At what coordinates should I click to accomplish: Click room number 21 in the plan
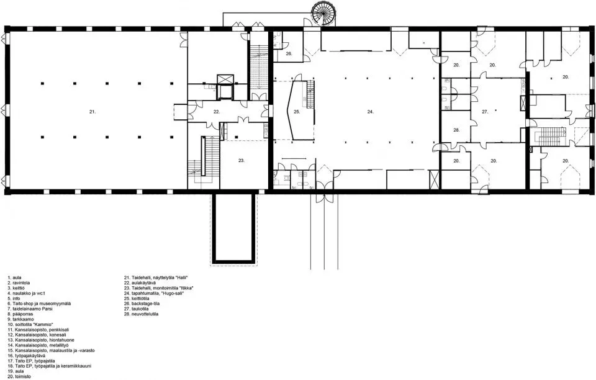pyautogui.click(x=92, y=111)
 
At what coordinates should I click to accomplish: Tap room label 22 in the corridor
pyautogui.click(x=216, y=112)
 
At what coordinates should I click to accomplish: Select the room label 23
pyautogui.click(x=242, y=160)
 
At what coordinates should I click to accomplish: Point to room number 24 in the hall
pyautogui.click(x=370, y=112)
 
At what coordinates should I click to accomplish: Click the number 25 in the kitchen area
pyautogui.click(x=297, y=112)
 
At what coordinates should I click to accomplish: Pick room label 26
pyautogui.click(x=289, y=54)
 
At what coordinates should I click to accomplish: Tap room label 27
pyautogui.click(x=485, y=112)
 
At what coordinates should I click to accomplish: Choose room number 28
pyautogui.click(x=456, y=130)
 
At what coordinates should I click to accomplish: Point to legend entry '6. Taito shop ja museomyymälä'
pyautogui.click(x=39, y=303)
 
